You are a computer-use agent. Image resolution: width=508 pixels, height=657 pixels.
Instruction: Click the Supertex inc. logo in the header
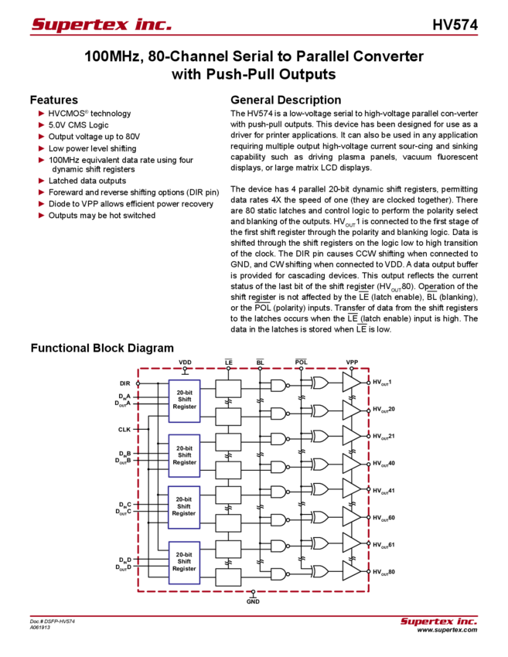[x=101, y=26]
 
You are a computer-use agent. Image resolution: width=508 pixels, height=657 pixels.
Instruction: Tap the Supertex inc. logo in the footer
[x=438, y=621]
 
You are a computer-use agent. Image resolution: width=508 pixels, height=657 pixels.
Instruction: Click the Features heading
[x=57, y=100]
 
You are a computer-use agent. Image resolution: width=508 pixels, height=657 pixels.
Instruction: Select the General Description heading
[x=285, y=100]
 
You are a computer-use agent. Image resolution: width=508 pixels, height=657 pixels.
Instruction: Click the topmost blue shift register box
[x=185, y=400]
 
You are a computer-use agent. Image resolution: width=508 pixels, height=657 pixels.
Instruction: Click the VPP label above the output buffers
[x=353, y=361]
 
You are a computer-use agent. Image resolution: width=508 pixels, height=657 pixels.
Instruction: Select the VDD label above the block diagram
[x=185, y=361]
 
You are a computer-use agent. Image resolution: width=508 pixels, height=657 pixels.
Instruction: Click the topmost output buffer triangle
[x=352, y=383]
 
